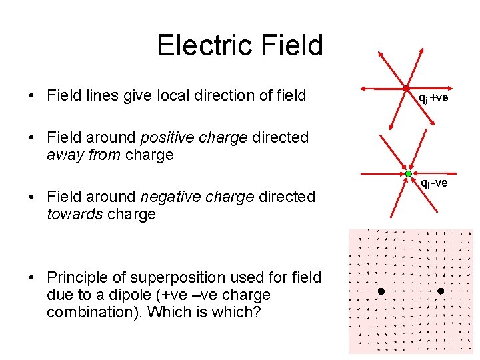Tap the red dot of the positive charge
405,89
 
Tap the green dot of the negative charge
409,173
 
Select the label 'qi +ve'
433,98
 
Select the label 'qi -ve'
433,183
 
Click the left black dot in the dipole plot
381,291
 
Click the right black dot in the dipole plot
441,291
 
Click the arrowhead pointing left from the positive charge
362,88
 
